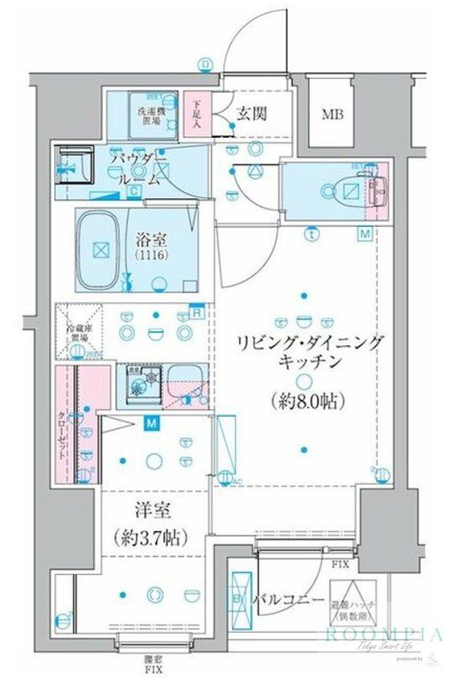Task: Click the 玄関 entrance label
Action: coord(251,113)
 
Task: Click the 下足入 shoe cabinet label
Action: coord(197,113)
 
